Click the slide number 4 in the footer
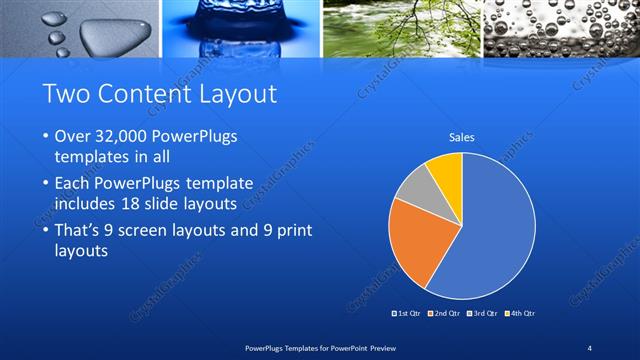click(590, 346)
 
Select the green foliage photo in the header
click(400, 28)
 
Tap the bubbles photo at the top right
click(561, 28)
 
